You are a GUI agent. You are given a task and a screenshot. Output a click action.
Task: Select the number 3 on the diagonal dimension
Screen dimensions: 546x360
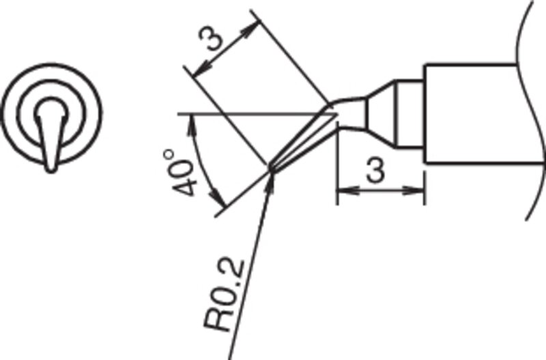click(x=210, y=38)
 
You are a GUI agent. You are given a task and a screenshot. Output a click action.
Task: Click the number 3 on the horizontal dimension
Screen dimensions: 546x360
click(x=376, y=169)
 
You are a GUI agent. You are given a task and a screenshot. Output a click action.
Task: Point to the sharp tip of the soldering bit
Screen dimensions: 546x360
click(x=270, y=169)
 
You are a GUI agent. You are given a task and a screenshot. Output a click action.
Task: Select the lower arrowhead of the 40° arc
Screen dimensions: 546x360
click(x=218, y=199)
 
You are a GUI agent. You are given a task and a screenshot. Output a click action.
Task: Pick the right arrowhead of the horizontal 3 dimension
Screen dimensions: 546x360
click(x=414, y=191)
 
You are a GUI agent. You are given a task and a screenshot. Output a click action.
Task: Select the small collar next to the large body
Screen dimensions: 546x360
click(x=410, y=114)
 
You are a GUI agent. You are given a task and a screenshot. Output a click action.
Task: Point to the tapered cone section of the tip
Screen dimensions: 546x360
click(x=381, y=114)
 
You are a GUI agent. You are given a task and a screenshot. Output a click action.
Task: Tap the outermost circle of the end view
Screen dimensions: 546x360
click(x=51, y=114)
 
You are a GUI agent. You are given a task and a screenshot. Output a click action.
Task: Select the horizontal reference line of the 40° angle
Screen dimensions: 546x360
click(x=258, y=114)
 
